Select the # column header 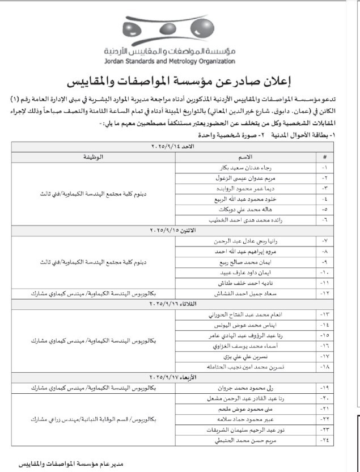click(325, 156)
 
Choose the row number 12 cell click(325, 294)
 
